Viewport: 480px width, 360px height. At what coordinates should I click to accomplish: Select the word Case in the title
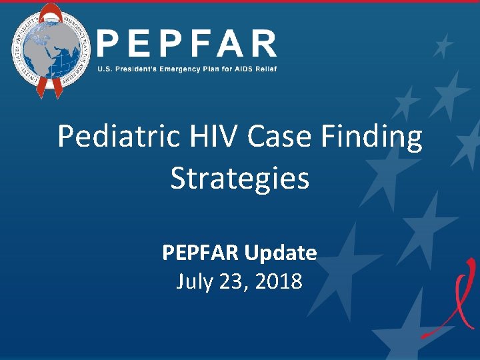(281, 137)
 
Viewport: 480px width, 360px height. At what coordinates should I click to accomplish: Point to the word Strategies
(240, 179)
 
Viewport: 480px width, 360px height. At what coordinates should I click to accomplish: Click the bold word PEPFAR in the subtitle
(201, 253)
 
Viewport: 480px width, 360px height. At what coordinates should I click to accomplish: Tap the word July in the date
(194, 281)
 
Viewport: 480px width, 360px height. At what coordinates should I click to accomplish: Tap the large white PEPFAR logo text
(187, 44)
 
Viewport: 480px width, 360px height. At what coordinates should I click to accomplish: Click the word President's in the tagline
(131, 69)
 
